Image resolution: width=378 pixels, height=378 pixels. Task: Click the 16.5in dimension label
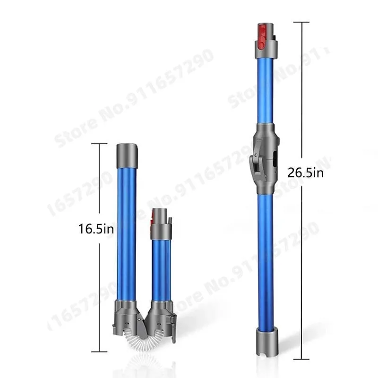(96, 230)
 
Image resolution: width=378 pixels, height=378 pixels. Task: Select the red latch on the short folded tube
(153, 217)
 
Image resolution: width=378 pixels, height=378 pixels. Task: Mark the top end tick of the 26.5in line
(301, 22)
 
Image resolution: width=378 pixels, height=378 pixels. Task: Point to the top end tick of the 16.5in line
(99, 144)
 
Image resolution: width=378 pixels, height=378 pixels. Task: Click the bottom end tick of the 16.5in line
(99, 351)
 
